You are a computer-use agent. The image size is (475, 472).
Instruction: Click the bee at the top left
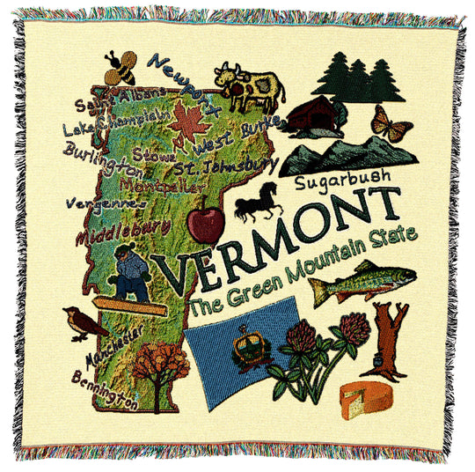121,66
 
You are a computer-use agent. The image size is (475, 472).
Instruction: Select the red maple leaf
189,124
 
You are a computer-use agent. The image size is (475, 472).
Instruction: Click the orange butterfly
391,123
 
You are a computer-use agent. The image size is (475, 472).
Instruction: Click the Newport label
179,75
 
